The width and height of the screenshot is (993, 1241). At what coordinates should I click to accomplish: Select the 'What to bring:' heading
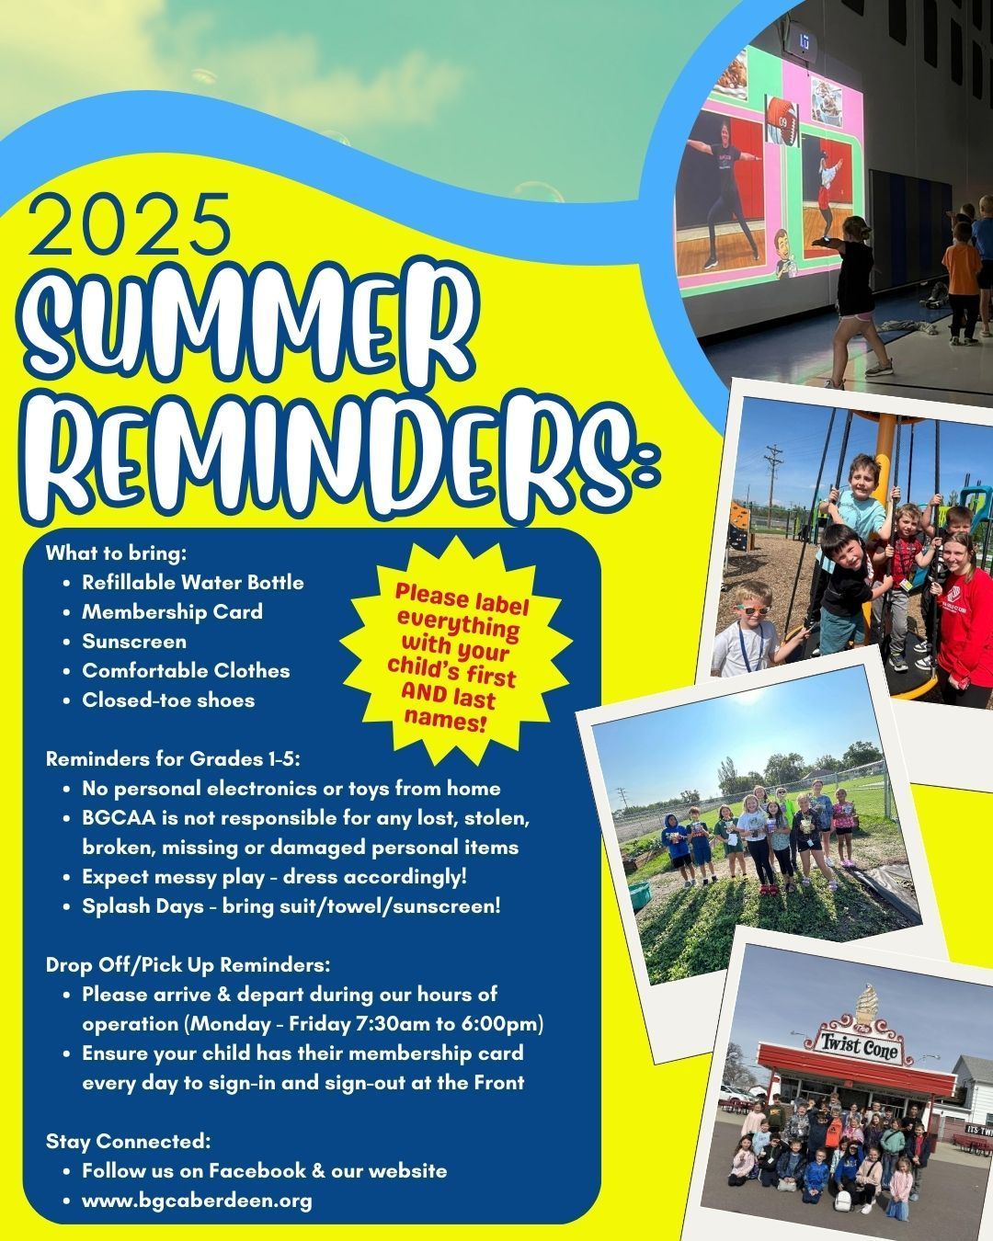click(117, 553)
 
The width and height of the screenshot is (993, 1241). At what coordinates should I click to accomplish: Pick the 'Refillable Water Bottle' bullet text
click(193, 583)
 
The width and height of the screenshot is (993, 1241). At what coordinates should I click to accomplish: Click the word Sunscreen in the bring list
click(134, 642)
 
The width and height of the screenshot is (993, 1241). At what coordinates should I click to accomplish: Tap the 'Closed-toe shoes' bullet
click(168, 700)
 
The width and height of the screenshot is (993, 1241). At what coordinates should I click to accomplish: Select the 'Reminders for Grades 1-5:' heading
click(173, 759)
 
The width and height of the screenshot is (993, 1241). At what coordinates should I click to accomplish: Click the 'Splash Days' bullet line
click(291, 906)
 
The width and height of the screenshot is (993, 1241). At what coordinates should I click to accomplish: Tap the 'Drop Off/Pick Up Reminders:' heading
click(188, 965)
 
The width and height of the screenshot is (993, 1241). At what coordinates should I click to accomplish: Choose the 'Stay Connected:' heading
click(128, 1141)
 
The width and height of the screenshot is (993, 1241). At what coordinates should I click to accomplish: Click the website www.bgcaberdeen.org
click(198, 1201)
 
